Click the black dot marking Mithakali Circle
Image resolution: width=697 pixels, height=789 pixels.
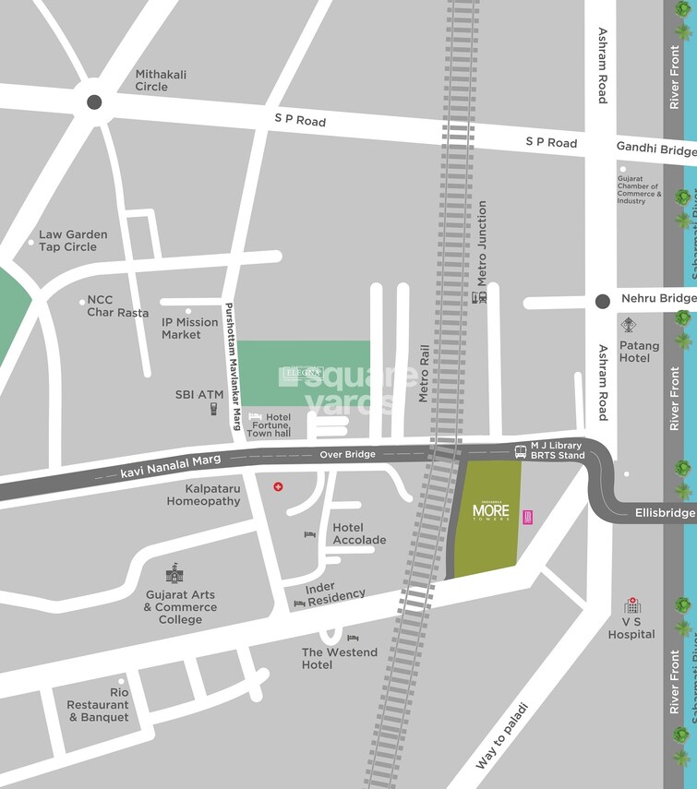(x=94, y=102)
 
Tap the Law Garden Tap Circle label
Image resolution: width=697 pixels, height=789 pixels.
(x=72, y=241)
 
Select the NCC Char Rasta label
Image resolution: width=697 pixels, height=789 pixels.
(x=117, y=306)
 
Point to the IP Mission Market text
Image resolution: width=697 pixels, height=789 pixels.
(x=190, y=329)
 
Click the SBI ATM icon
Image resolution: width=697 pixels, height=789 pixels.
(x=212, y=409)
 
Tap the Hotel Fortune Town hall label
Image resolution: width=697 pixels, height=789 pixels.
(x=269, y=425)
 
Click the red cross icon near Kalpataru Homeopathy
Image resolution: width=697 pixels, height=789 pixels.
(x=277, y=486)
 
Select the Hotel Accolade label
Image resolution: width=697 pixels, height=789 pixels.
(x=359, y=534)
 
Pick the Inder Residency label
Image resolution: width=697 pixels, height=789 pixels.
(x=335, y=593)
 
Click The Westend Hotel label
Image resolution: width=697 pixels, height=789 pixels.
(x=339, y=658)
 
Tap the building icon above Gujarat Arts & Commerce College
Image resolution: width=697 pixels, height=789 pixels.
(x=174, y=573)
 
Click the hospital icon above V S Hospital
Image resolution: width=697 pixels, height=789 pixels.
(x=632, y=605)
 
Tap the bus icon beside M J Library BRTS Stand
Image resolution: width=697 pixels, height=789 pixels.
(x=521, y=451)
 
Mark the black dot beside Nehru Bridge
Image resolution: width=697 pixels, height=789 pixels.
(x=603, y=301)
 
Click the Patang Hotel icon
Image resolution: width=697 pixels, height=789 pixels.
(x=629, y=325)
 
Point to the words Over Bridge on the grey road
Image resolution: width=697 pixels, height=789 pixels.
(x=348, y=455)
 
